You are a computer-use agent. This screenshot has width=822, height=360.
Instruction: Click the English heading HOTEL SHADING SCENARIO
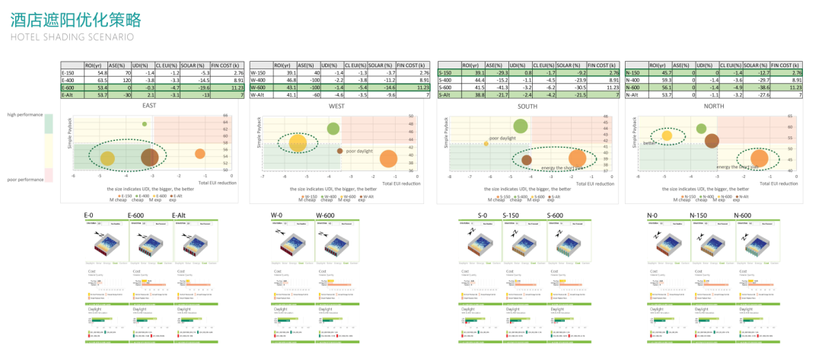pyautogui.click(x=73, y=36)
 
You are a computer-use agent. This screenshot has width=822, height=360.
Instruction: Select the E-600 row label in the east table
pyautogui.click(x=68, y=88)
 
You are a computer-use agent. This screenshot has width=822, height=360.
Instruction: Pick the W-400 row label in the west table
pyautogui.click(x=259, y=80)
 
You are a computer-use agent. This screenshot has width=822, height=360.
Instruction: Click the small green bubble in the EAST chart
pyautogui.click(x=145, y=123)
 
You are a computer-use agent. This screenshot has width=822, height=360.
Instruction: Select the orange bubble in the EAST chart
pyautogui.click(x=199, y=154)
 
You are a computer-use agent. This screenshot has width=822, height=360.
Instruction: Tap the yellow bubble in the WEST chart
pyautogui.click(x=298, y=143)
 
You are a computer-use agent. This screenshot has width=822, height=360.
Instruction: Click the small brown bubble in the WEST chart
pyautogui.click(x=339, y=151)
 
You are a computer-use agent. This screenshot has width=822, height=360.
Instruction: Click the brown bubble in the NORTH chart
pyautogui.click(x=712, y=140)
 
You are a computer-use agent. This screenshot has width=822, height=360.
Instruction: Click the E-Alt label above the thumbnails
pyautogui.click(x=180, y=216)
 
